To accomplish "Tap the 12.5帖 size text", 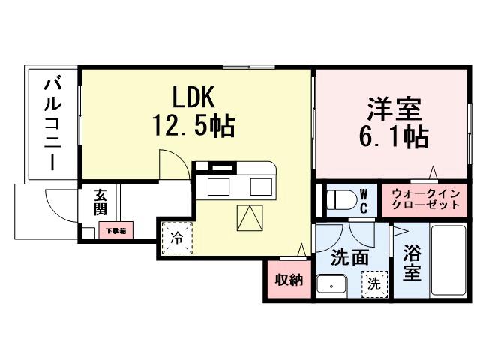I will click(194, 125).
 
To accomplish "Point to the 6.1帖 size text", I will click(394, 137).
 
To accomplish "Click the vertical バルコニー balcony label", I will click(52, 123).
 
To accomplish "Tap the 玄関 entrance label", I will click(101, 203).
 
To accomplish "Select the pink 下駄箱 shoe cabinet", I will click(115, 231).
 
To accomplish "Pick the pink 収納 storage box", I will click(287, 280).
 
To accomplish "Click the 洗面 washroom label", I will click(350, 257).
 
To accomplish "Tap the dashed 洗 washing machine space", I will click(373, 283).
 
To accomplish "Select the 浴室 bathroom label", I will click(410, 263).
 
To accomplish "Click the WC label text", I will click(363, 200).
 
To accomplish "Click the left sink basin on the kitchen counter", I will click(220, 186).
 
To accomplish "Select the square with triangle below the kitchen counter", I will click(250, 218).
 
